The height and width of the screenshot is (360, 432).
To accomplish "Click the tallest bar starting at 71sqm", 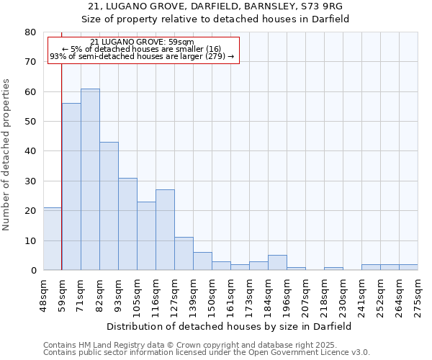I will coord(90,179).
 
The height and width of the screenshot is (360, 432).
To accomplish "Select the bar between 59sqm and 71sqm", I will coord(71,186).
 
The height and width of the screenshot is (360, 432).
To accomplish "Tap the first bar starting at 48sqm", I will coord(53,238).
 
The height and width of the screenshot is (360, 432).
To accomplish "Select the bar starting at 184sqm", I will coord(277,263).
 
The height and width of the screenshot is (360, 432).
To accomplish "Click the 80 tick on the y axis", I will coord(30,32).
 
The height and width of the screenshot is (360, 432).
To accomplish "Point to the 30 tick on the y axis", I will coord(30,181).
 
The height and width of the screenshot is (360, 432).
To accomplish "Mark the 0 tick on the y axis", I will coord(33,270).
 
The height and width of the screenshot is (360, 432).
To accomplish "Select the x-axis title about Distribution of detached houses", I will coord(229,326).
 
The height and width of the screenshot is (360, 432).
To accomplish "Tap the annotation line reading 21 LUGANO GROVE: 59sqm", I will coord(143,42).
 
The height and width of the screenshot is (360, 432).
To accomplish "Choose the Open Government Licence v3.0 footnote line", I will coord(207,352).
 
